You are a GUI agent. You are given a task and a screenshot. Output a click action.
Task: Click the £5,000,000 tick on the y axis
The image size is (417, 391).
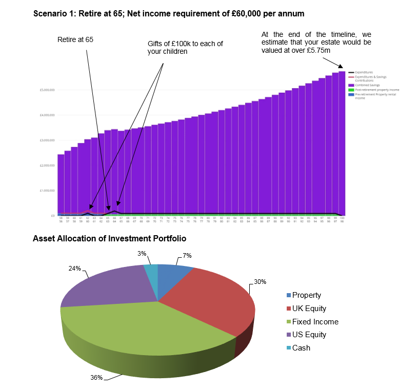click(47, 90)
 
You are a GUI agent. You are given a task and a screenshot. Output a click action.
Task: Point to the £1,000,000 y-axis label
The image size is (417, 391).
click(47, 191)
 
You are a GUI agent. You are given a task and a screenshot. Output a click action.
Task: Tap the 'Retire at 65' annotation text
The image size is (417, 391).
click(75, 39)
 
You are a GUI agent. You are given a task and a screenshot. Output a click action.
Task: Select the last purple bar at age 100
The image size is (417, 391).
click(342, 143)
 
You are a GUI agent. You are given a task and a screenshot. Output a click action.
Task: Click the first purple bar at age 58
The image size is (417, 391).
click(61, 184)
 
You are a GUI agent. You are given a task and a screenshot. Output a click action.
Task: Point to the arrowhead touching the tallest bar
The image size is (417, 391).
click(341, 67)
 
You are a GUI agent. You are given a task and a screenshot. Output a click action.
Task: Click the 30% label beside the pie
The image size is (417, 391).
click(260, 281)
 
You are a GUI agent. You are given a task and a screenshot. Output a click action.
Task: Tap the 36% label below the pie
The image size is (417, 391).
click(96, 378)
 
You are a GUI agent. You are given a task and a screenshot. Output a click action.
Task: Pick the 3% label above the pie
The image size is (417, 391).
click(142, 253)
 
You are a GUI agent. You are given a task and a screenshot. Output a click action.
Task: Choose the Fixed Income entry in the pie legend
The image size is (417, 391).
click(315, 322)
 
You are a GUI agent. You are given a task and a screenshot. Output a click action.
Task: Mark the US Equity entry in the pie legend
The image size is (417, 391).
click(309, 335)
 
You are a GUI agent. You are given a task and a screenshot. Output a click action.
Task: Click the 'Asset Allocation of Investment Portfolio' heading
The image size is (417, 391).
click(109, 238)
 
